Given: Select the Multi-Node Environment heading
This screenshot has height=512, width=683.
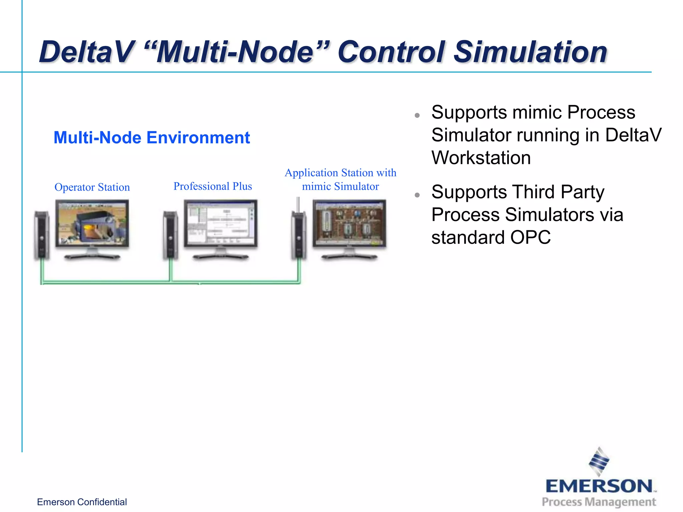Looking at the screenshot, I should (152, 138).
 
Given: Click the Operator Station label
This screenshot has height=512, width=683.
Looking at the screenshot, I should (92, 187).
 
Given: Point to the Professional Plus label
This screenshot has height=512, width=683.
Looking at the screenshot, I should (213, 186).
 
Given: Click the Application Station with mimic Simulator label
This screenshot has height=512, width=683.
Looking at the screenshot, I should (340, 179).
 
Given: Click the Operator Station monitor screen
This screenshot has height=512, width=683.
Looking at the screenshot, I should (92, 223).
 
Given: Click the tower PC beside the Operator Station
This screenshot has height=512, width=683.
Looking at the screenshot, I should (42, 235).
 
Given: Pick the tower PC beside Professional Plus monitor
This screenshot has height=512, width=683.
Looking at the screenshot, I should (170, 235).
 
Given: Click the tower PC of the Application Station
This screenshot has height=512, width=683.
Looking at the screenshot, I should (299, 235).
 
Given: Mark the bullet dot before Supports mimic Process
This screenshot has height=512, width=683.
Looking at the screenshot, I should (417, 116).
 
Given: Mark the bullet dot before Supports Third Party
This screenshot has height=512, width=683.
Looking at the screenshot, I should (417, 195).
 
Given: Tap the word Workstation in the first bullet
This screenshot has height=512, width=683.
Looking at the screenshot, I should (481, 158).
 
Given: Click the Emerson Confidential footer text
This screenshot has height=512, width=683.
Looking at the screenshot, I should (82, 502).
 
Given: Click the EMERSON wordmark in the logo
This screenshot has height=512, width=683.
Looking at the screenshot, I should (599, 486).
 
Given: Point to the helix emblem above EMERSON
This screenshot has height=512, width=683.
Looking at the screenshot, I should (599, 462).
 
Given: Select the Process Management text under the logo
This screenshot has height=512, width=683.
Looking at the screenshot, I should (599, 502).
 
